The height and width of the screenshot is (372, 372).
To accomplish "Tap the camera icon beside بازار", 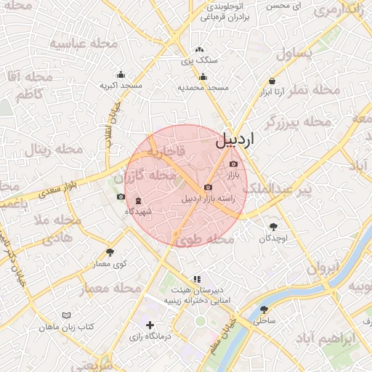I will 233,164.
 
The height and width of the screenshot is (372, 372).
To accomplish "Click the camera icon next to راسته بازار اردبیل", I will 209,187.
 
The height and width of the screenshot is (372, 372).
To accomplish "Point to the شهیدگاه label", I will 138,211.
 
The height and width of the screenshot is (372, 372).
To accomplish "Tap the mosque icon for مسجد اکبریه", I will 121,74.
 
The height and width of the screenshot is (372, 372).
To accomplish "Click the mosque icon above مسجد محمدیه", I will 203,77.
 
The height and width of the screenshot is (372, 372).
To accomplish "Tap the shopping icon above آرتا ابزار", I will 272,81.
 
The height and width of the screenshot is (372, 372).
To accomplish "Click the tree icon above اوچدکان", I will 273,227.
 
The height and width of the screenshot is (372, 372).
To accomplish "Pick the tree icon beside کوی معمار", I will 110,252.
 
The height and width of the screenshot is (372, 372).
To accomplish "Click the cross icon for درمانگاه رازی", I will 150,325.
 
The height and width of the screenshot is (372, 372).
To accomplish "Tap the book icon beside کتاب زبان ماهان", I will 67,316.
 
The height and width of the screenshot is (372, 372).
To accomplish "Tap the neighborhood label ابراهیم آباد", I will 328,339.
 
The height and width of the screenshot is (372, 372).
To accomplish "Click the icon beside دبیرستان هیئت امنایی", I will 197,278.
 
